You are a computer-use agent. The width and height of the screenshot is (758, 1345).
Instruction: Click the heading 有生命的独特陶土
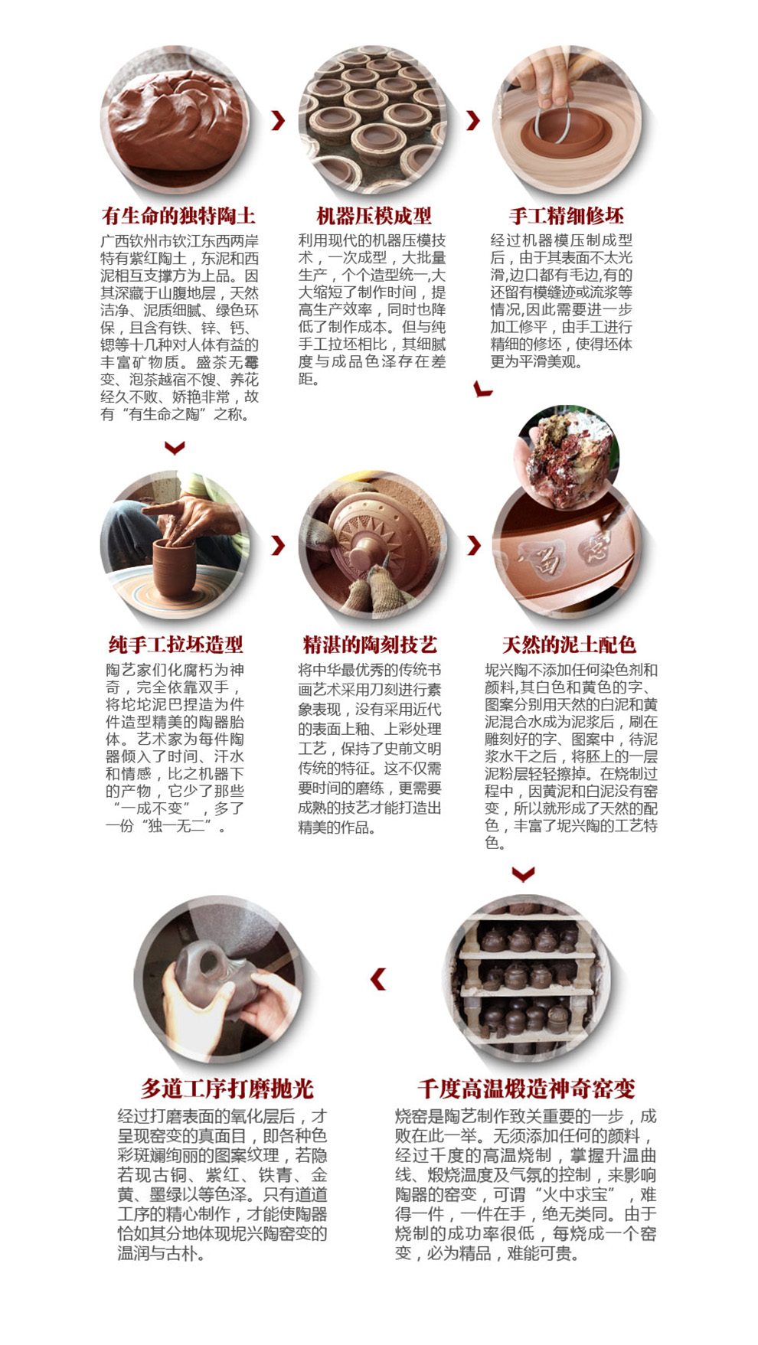178,215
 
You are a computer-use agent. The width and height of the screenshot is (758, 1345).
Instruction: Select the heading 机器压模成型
374,215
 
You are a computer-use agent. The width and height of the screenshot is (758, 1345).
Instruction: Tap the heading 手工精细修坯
567,215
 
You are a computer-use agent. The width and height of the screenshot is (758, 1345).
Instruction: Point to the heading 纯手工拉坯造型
176,644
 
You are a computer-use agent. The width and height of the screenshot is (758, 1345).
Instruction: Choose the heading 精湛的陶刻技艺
370,644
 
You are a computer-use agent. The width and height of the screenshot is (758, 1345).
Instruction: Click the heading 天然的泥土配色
569,644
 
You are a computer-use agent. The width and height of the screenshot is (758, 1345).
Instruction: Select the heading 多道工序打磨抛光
227,1088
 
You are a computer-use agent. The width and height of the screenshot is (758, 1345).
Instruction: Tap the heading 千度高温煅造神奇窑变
526,1088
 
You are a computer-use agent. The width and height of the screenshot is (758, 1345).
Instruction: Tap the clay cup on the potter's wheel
175,570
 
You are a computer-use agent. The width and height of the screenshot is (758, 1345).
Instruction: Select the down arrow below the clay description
175,447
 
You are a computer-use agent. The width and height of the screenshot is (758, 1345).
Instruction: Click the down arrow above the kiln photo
524,873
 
